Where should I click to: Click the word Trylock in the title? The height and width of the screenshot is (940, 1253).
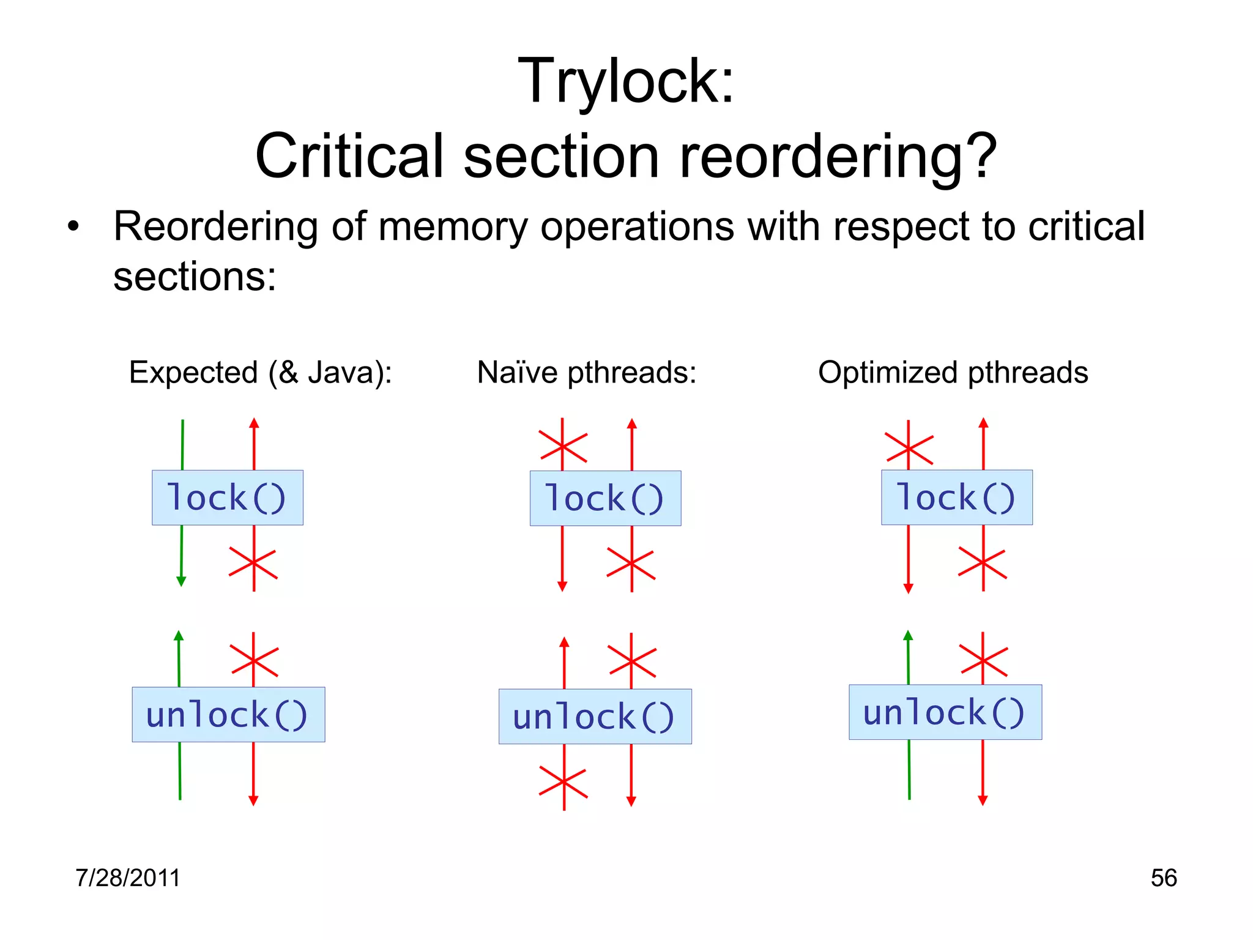pos(618,81)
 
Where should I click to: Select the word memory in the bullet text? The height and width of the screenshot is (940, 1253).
pos(453,227)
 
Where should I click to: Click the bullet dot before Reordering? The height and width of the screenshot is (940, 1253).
pos(73,227)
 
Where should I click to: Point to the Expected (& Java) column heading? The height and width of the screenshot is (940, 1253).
pos(260,372)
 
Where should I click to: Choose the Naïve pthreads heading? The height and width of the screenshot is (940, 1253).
pos(587,372)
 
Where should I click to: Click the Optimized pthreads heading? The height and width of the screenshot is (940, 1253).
pos(953,372)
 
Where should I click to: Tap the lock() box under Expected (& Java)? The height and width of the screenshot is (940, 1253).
pos(227,497)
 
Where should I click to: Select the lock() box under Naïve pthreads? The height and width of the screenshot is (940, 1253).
pos(605,498)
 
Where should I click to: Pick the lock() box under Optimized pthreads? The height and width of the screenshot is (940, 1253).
pos(956,497)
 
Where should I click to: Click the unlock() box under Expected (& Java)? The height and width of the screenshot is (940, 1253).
pos(228,714)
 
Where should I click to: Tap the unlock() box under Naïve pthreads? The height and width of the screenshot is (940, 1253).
pos(595,716)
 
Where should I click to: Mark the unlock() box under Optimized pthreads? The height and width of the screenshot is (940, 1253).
pos(945,712)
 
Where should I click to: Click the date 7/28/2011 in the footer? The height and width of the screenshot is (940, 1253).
pos(128,878)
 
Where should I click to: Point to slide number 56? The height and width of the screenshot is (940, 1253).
pos(1163,878)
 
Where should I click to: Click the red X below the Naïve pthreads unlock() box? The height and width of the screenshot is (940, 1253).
pos(563,783)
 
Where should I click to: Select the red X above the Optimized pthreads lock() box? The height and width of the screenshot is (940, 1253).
pos(909,449)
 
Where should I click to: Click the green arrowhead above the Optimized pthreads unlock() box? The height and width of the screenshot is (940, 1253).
pos(908,636)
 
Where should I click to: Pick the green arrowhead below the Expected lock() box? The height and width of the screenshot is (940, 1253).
pos(181,581)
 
